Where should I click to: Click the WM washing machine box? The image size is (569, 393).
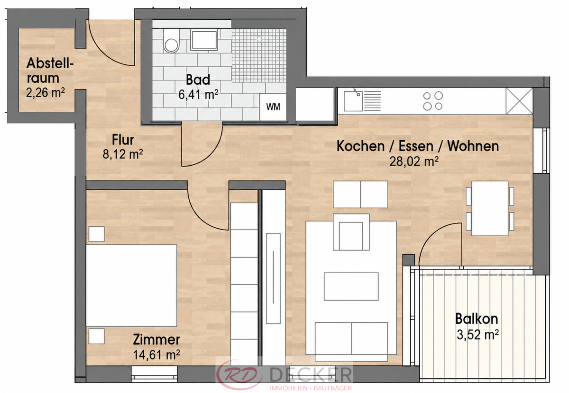[x=273, y=107]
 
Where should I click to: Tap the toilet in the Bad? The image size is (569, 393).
[x=171, y=41]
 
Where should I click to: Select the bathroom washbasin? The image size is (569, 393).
[x=204, y=40]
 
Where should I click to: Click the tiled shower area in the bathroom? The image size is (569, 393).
[x=259, y=55]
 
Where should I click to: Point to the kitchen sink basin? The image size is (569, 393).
[x=353, y=101]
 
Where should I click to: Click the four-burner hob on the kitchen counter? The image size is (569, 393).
[x=433, y=101]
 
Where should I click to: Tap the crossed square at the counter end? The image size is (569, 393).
[x=519, y=101]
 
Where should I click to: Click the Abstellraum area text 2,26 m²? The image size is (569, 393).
[x=46, y=93]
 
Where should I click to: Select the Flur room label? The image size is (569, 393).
[x=123, y=140]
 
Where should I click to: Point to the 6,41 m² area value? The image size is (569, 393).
[x=198, y=95]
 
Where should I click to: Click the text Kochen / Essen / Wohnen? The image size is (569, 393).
[x=418, y=146]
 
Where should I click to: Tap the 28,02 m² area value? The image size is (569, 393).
[x=414, y=161]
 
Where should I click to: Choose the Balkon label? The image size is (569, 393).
[x=477, y=319]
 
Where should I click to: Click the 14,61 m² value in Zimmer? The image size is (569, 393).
[x=156, y=355]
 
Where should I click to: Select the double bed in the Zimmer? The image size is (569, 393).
[x=131, y=286]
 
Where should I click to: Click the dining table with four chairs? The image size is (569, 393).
[x=490, y=208]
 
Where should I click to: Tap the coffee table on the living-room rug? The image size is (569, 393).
[x=351, y=286]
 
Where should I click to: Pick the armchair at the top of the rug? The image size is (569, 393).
[x=351, y=232]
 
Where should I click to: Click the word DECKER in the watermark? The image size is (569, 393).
[x=311, y=375]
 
